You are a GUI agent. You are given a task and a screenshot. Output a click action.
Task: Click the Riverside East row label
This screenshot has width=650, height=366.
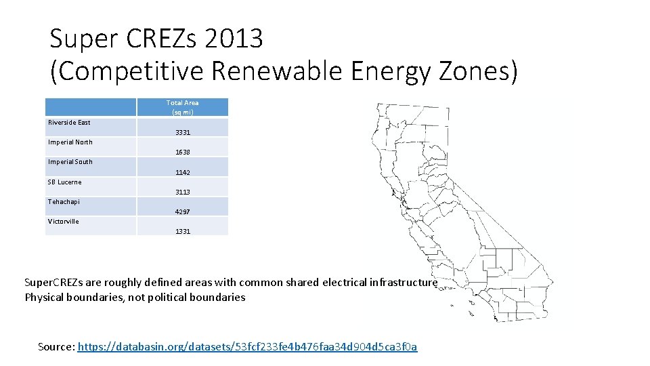69,123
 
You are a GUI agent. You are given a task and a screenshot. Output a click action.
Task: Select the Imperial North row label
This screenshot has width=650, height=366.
70,142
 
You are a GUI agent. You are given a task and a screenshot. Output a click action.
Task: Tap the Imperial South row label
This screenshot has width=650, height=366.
70,162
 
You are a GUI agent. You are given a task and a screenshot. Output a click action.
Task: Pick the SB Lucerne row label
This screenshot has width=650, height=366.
64,182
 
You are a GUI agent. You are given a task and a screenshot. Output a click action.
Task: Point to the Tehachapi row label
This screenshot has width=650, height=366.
64,202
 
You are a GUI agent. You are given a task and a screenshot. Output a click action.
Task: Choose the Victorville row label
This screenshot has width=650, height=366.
64,222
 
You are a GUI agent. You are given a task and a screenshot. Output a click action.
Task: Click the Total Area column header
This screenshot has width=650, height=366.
183,107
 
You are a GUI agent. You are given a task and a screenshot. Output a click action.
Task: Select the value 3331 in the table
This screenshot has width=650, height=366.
183,133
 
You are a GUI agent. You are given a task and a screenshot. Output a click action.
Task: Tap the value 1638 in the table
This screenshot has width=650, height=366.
183,152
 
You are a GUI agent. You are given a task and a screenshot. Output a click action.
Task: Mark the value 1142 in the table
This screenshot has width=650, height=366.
183,173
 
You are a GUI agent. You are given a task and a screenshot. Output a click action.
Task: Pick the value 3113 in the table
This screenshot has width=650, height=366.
183,192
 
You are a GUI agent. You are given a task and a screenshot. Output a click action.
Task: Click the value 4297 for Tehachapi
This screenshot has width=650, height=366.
183,212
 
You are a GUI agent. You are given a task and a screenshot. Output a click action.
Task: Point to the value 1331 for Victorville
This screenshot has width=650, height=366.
183,232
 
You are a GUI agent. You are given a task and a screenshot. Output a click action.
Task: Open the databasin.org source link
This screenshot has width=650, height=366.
248,347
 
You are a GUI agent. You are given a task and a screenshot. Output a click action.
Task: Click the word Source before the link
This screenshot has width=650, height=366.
56,347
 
